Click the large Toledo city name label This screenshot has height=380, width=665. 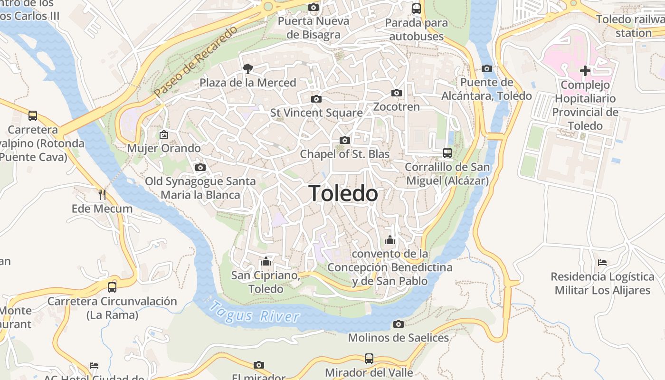(343, 193)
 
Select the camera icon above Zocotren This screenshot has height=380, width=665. (397, 93)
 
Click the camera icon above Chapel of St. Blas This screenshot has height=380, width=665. (345, 140)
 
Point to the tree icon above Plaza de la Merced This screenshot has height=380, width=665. (247, 69)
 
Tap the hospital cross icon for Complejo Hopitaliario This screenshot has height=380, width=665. (585, 71)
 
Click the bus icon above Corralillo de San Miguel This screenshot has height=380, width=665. (447, 153)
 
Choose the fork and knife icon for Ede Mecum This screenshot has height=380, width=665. (102, 194)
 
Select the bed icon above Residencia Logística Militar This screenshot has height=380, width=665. (602, 262)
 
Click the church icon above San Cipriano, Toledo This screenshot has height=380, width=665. (266, 261)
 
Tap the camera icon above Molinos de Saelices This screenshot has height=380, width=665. (398, 324)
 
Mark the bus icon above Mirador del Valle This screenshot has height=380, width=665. (369, 358)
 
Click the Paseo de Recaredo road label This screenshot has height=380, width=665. (196, 63)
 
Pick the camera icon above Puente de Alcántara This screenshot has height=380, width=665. (486, 69)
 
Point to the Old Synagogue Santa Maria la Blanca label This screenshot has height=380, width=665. (200, 188)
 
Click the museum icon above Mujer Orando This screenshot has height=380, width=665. (164, 134)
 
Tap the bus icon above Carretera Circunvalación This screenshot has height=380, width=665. (112, 287)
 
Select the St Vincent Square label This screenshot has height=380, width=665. (316, 113)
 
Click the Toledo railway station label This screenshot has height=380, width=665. (632, 26)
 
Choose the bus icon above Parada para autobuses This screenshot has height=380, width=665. (417, 8)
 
